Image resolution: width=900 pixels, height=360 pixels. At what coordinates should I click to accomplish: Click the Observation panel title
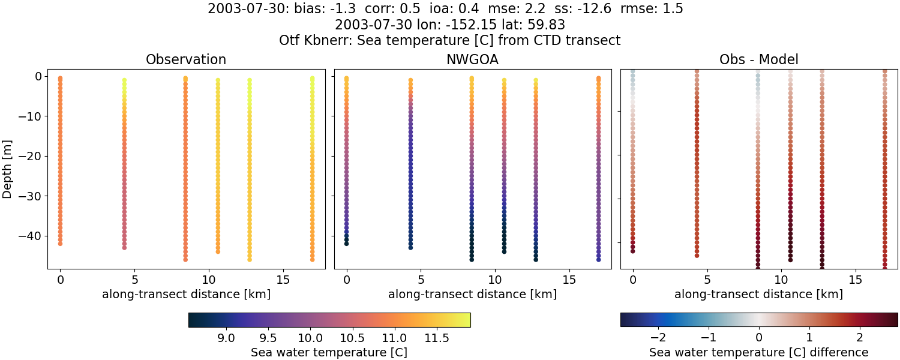[186, 60]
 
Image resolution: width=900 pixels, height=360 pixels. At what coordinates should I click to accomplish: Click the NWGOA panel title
[472, 60]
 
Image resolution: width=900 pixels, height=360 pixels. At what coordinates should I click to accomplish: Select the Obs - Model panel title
[758, 60]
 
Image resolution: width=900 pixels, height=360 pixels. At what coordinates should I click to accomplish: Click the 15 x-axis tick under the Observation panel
[283, 280]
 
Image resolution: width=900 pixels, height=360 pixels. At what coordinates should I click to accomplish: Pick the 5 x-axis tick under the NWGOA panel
[421, 280]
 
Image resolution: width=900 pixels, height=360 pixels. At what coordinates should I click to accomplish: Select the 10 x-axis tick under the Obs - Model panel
[781, 280]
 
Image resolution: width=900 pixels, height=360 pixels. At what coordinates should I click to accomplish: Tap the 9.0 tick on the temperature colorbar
[226, 338]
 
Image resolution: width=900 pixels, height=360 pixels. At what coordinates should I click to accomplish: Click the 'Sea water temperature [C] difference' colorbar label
[758, 352]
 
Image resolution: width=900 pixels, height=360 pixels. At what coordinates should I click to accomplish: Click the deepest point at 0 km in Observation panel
[60, 244]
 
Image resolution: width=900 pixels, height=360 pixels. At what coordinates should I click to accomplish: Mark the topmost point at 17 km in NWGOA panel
[598, 79]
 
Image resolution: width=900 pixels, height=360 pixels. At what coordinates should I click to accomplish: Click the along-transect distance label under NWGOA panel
[472, 294]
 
